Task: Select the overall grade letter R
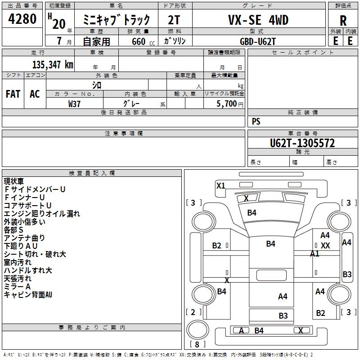pos(343,21)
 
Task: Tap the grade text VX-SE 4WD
pos(258,20)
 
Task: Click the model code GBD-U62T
pos(257,41)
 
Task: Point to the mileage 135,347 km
pos(53,65)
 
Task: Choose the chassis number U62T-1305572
pos(302,144)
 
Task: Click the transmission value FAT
pos(13,94)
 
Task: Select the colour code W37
pos(74,104)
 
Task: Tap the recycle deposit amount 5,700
pos(226,104)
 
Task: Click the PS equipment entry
pos(256,121)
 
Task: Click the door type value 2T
pos(174,20)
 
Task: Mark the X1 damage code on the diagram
pos(221,185)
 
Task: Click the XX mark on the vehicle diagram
pos(325,245)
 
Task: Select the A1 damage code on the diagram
pos(315,254)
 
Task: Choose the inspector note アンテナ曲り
pos(24,238)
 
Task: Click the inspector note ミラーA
pos(17,287)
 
